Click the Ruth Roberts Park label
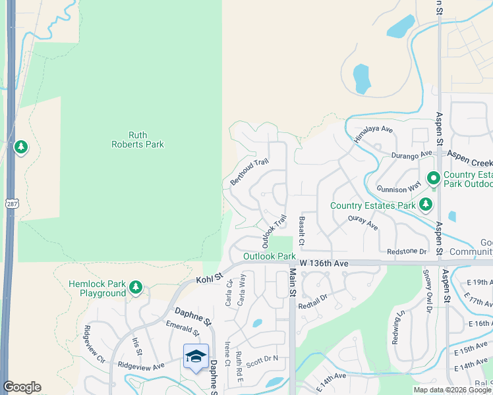[137, 139]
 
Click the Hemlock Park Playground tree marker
[136, 287]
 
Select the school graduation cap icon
[196, 356]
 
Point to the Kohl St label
[210, 276]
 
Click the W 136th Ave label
[323, 263]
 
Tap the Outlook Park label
[269, 256]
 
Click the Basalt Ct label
[301, 230]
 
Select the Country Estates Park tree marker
[426, 205]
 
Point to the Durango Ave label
[412, 153]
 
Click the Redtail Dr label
[312, 302]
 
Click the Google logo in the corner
[22, 387]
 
